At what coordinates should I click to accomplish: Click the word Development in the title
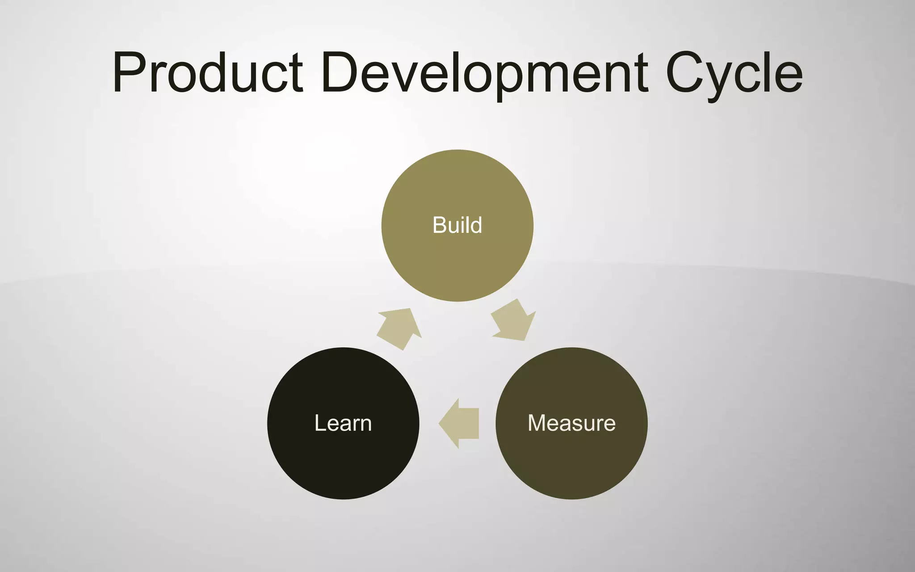pos(485,73)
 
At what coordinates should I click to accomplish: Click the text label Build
pos(457,225)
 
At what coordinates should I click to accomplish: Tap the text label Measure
pos(571,423)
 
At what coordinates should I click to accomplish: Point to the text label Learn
pos(343,423)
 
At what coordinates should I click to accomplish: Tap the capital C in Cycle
pos(686,73)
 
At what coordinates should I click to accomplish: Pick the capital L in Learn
pos(320,423)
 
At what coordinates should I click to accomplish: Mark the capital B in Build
pos(440,225)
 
